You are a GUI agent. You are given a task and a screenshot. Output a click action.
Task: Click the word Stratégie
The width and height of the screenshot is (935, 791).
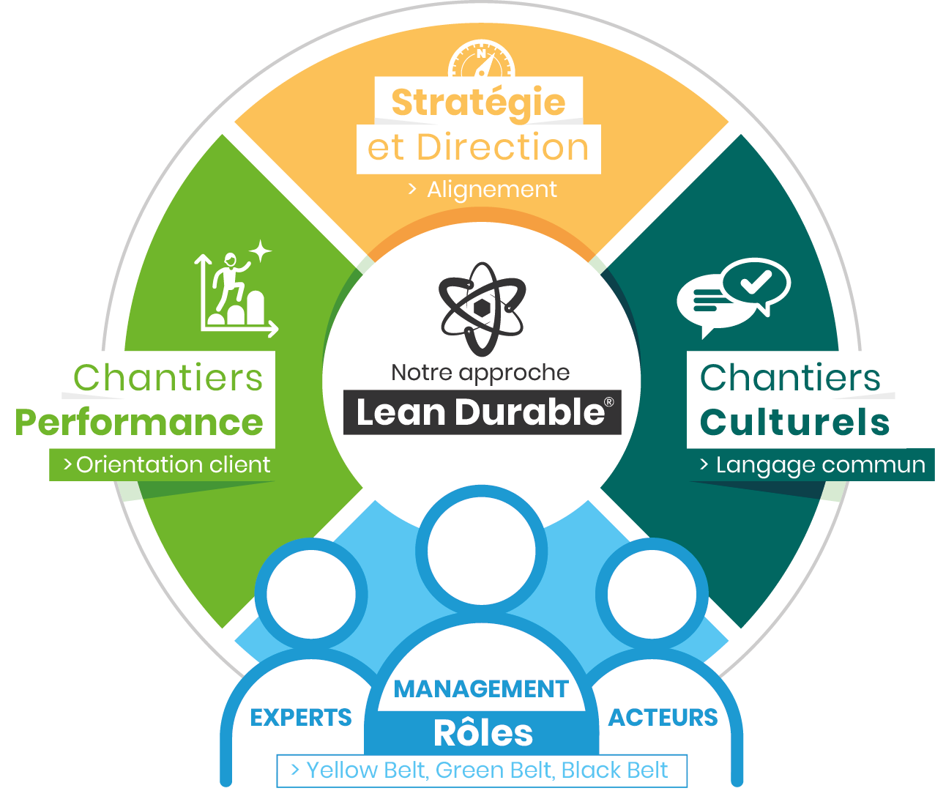pos(478,103)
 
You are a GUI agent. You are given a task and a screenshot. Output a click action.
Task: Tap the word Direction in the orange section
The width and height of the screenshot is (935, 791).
pos(503,148)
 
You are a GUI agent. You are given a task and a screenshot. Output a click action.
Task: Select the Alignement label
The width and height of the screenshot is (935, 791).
pos(491,190)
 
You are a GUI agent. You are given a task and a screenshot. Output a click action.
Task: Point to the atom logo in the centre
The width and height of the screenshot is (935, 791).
pos(482,308)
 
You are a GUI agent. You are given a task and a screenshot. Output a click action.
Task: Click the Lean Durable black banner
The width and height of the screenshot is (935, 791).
pos(483,412)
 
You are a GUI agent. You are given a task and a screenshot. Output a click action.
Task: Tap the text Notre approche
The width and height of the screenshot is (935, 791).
pos(480,373)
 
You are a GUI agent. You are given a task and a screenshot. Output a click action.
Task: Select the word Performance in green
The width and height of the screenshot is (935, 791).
pos(139,423)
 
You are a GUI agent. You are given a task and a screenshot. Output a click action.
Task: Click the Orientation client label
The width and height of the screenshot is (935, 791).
pos(173,465)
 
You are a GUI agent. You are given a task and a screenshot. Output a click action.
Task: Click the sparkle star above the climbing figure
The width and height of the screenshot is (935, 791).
pos(260,251)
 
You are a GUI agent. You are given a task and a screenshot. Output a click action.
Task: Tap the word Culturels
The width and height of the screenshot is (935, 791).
pos(794,423)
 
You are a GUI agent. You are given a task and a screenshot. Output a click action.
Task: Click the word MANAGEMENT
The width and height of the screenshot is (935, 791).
pos(481,689)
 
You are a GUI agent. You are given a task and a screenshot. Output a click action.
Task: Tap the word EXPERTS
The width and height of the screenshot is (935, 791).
pos(301,718)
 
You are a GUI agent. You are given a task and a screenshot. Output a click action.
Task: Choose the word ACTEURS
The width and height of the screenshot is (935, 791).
pos(663,718)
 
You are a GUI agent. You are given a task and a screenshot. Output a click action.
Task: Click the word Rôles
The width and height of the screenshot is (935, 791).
pos(483,733)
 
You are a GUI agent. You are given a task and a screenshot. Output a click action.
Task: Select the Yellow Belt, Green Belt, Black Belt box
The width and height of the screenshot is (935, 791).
pos(481,770)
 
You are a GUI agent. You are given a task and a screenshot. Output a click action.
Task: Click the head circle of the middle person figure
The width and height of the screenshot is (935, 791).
pos(482,551)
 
